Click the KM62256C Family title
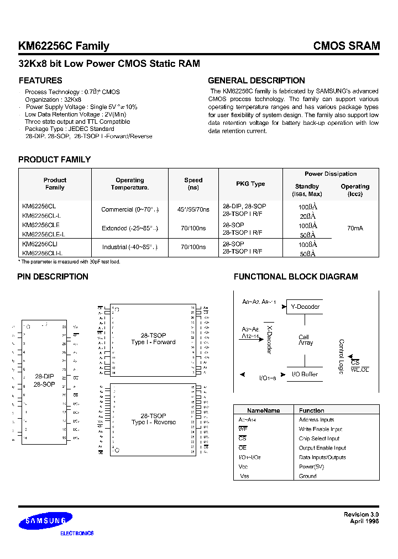pyautogui.click(x=64, y=46)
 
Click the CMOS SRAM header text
pyautogui.click(x=346, y=46)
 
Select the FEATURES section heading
pyautogui.click(x=40, y=81)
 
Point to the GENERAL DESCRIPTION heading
pyautogui.click(x=256, y=81)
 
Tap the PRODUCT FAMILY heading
pyautogui.click(x=54, y=160)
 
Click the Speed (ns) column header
pyautogui.click(x=193, y=184)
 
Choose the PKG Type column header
pyautogui.click(x=250, y=184)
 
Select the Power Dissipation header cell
pyautogui.click(x=331, y=174)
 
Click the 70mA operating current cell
pyautogui.click(x=355, y=227)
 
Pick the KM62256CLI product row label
pyautogui.click(x=40, y=244)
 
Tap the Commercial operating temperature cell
pyautogui.click(x=130, y=210)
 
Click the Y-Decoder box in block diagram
pyautogui.click(x=305, y=307)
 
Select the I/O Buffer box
pyautogui.click(x=305, y=374)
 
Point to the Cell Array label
pyautogui.click(x=305, y=340)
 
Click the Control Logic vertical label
pyautogui.click(x=341, y=356)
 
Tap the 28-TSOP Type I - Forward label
pyautogui.click(x=153, y=339)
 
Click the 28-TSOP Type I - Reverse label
pyautogui.click(x=153, y=419)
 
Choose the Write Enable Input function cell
pyautogui.click(x=320, y=429)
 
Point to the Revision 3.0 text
pyautogui.click(x=361, y=514)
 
